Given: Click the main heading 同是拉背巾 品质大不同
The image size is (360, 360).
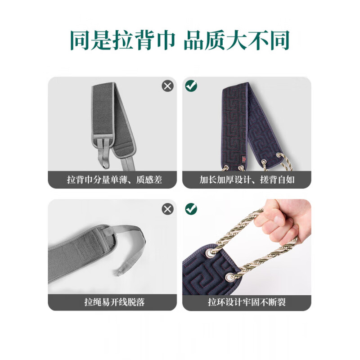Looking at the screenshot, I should [180, 41].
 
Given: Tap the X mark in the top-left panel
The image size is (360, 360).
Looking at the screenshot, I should [168, 86].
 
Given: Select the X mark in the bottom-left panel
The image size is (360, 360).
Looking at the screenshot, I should [168, 209].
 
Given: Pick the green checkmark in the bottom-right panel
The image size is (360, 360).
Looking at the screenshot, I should [191, 208].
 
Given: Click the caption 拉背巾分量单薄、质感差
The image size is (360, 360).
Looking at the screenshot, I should [114, 180].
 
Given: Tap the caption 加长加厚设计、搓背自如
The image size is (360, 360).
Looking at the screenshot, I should [246, 180].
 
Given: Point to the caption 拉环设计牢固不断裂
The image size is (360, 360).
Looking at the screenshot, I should [246, 302].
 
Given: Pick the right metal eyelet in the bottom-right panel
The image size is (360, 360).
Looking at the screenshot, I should [231, 275].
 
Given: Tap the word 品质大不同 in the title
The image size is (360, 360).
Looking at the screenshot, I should [236, 41].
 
